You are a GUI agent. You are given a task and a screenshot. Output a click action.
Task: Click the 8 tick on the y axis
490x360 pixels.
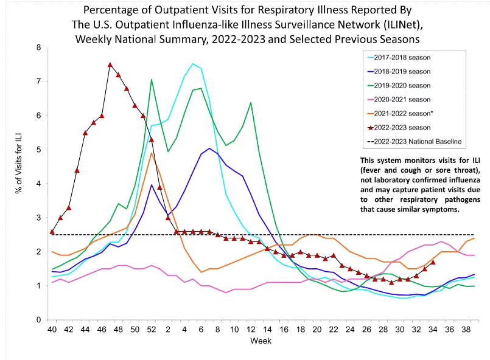coord(39,47)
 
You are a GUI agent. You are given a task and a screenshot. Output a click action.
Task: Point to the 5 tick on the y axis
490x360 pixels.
coord(39,150)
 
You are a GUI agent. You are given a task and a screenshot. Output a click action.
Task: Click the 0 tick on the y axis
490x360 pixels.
coord(39,320)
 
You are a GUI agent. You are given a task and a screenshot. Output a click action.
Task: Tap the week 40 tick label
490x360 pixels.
coord(52,330)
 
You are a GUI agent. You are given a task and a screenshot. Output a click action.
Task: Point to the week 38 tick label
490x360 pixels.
coord(465,330)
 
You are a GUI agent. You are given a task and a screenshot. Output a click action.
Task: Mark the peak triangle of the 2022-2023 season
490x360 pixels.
coord(110,64)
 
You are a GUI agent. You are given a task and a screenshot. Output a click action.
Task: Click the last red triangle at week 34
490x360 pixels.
coord(433,262)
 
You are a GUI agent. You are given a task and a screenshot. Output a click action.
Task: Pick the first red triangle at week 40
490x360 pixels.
coord(52,231)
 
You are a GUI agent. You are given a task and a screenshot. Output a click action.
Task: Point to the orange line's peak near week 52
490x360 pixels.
coord(151,153)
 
